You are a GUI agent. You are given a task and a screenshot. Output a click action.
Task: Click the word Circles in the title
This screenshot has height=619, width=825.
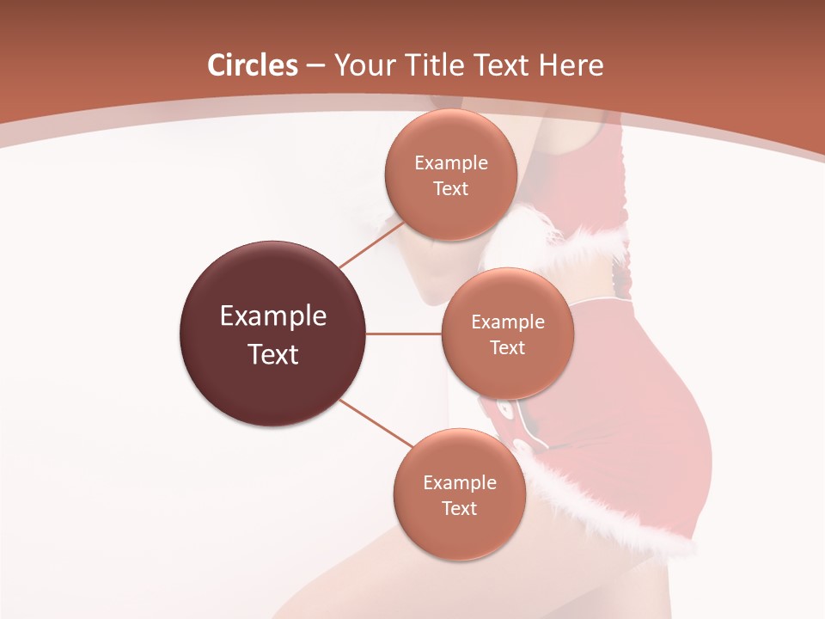pos(253,65)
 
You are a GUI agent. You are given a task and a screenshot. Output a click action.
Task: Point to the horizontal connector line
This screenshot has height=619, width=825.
pos(404,334)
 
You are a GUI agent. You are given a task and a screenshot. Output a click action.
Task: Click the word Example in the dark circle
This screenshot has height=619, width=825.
pos(273,316)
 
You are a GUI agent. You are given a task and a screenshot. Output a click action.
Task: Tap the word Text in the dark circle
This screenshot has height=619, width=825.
pos(273,354)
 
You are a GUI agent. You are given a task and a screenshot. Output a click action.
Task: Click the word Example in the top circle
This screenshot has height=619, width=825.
pos(451,163)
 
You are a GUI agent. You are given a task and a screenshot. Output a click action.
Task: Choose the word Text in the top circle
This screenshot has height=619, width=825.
pos(451,189)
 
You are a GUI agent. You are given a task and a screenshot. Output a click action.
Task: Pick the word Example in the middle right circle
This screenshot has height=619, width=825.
pos(508,322)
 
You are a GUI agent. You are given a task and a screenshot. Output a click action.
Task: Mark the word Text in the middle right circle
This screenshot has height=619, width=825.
pos(508,348)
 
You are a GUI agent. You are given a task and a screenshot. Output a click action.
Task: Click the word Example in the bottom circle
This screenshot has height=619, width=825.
pos(460,483)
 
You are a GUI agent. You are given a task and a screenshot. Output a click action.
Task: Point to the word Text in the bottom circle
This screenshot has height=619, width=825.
pos(460,509)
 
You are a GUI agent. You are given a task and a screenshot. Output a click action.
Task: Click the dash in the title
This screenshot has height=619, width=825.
pos(315,65)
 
